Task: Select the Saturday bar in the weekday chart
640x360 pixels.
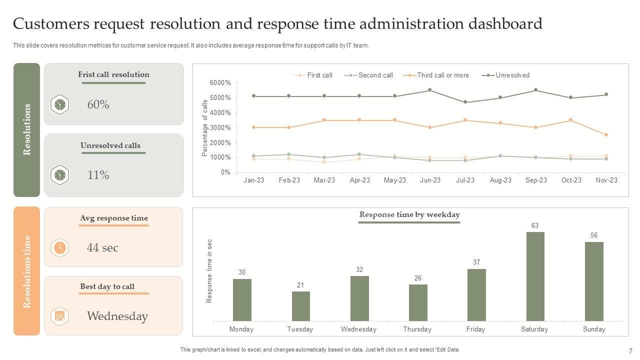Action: [x=535, y=276]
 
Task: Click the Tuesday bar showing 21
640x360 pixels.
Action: [x=300, y=306]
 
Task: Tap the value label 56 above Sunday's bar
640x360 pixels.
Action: [x=594, y=235]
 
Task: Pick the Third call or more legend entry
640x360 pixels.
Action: [x=442, y=75]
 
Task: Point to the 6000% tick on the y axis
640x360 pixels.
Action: [x=220, y=82]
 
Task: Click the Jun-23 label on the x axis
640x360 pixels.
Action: [x=430, y=180]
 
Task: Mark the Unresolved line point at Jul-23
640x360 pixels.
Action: [x=465, y=102]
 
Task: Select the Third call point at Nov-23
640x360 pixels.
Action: [x=606, y=135]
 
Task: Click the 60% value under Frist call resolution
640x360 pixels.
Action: [x=98, y=104]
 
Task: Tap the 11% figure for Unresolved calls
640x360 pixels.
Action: [x=98, y=175]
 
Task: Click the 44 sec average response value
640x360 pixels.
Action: [x=102, y=247]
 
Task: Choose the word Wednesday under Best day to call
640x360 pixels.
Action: [x=117, y=316]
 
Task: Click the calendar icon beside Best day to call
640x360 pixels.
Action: [x=59, y=316]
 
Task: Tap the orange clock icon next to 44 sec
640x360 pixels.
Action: [x=59, y=247]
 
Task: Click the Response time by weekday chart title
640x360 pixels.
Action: [x=409, y=214]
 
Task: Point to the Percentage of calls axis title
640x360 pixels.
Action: [x=205, y=128]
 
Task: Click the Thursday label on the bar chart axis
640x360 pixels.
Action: [x=417, y=329]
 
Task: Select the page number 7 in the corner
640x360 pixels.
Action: [x=630, y=351]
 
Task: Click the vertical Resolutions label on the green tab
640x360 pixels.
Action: [x=27, y=129]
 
